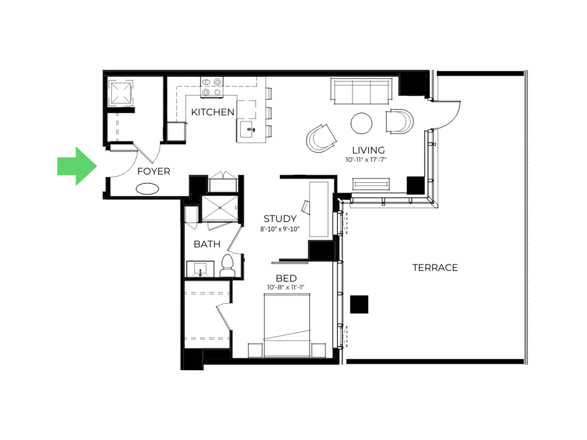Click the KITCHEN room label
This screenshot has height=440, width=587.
[212, 112]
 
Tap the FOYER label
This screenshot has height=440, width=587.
[154, 171]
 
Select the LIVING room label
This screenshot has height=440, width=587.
[367, 151]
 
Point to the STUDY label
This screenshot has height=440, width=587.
[280, 219]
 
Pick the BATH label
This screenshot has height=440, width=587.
[206, 245]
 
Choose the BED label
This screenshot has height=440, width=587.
[286, 278]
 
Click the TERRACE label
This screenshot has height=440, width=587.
[435, 268]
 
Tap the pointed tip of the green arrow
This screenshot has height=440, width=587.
[99, 166]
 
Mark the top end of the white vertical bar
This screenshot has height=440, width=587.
[529, 69]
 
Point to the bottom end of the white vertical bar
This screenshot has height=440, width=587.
[529, 364]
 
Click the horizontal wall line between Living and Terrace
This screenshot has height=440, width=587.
[388, 202]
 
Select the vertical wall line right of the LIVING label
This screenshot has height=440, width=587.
[433, 166]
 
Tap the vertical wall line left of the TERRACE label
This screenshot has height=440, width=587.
[342, 275]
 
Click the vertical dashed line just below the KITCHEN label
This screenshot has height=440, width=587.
[236, 132]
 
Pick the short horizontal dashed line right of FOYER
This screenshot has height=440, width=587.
[223, 178]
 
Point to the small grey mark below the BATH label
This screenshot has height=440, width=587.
[200, 275]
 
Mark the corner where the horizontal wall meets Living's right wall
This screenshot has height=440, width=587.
[433, 202]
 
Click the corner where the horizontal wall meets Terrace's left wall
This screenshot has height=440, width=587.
[343, 203]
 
